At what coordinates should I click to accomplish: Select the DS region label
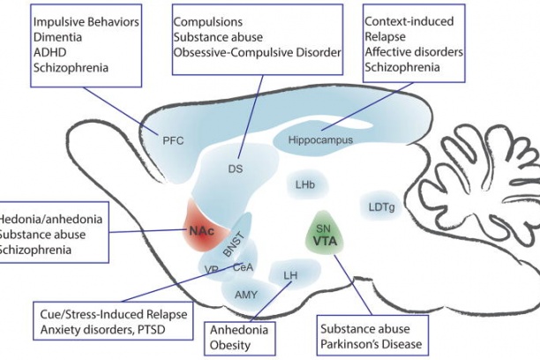(235, 168)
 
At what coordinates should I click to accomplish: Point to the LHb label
(306, 184)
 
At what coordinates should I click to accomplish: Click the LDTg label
(381, 207)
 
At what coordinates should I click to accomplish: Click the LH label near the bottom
(290, 276)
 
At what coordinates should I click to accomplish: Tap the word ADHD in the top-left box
(50, 52)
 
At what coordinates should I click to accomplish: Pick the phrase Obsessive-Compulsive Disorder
(257, 53)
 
